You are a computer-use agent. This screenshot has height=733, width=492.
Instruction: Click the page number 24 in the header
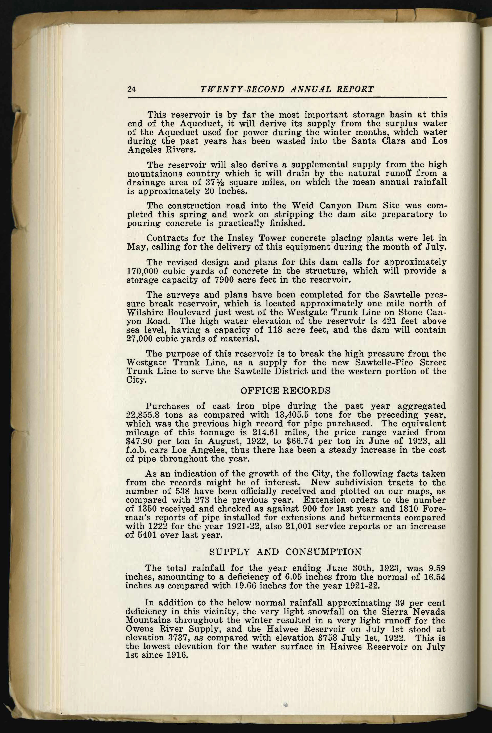coord(131,89)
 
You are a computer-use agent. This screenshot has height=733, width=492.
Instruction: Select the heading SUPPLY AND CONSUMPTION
coord(285,551)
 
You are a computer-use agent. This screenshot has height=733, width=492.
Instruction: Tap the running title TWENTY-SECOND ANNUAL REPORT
coord(287,89)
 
